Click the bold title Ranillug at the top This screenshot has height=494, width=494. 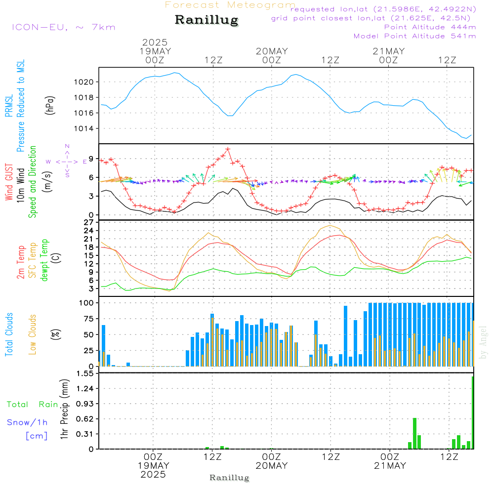coord(206,20)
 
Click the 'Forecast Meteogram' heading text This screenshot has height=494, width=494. coord(230,5)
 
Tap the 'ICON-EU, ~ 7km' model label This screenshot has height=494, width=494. coord(63,27)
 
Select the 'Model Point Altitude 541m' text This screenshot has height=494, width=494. coord(414,36)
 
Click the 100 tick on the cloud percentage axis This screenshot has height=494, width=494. coord(87,302)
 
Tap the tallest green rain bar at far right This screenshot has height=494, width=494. coord(473,412)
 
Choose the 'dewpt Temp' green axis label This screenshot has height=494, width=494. coord(44,260)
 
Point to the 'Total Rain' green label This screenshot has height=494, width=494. coord(32,405)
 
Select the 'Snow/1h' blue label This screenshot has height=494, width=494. coord(27,422)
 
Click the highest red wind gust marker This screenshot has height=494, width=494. coord(228,149)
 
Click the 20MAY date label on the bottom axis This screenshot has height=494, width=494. coord(272,466)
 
